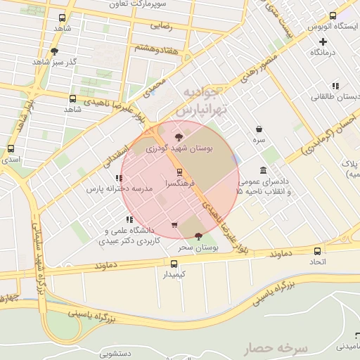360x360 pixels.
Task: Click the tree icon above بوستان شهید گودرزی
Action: [x=179, y=137]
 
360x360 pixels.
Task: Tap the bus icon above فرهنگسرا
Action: [x=179, y=172]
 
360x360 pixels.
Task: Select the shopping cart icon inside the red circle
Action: [x=174, y=225]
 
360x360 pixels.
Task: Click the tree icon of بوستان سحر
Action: [x=198, y=236]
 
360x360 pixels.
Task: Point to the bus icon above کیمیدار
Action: [x=173, y=264]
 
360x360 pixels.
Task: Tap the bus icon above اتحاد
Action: [x=318, y=251]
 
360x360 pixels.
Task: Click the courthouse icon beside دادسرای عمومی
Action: [x=263, y=171]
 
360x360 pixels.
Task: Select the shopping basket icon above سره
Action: [x=259, y=129]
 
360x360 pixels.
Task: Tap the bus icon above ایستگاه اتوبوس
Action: [x=333, y=15]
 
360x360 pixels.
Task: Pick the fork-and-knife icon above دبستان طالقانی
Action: [x=335, y=85]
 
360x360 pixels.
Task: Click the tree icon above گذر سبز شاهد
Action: [x=55, y=51]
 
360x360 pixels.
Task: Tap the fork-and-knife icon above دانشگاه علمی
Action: [x=129, y=220]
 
